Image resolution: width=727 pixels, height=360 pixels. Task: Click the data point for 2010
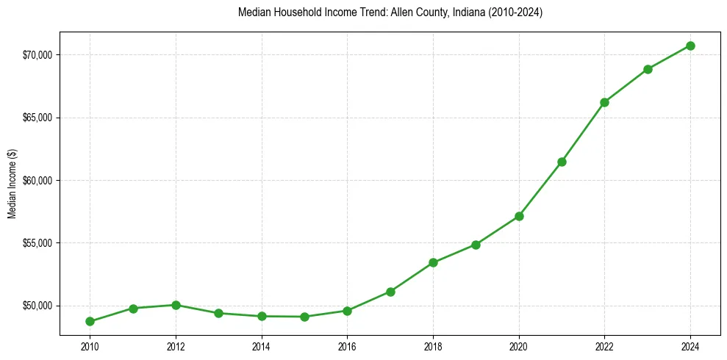point(90,321)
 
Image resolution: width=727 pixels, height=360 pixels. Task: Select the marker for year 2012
point(176,305)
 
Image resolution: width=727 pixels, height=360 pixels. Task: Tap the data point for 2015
point(304,317)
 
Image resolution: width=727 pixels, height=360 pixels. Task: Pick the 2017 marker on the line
point(390,292)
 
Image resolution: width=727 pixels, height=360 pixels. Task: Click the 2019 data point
point(476,245)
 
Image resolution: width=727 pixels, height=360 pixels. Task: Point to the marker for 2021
point(562,162)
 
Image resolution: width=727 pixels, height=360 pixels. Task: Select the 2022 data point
point(604,102)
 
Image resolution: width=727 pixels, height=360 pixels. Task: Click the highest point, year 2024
point(690,46)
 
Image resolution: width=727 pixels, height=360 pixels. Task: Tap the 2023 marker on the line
point(648,69)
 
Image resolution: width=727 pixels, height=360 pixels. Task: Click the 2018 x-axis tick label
point(433,345)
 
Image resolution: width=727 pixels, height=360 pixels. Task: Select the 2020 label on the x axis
point(519,345)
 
